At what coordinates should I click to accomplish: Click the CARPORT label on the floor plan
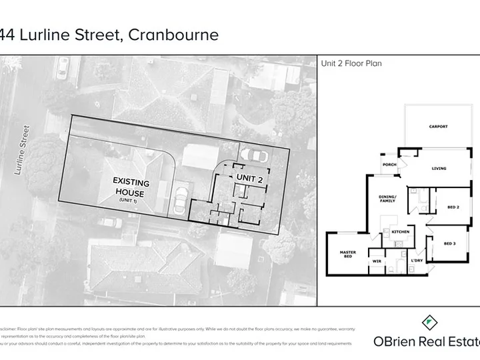438,126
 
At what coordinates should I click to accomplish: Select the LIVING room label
439,168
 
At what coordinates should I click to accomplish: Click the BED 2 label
453,207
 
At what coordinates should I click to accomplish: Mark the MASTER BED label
347,254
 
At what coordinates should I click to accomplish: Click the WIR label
376,261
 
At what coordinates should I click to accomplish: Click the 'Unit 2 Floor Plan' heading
351,64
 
